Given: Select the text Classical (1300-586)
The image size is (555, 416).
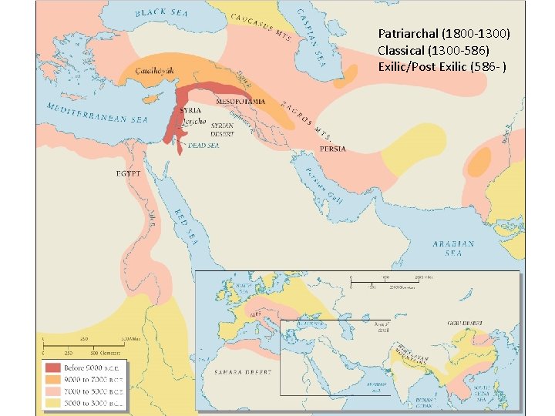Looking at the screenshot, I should pos(433,50).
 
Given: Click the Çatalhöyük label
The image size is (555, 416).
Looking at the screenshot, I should pos(156,70).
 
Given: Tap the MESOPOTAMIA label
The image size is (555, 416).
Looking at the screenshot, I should pos(241,101).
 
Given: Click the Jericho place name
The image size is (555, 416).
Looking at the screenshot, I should pos(193,122).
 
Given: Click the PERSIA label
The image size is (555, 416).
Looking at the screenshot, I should pos(333,148).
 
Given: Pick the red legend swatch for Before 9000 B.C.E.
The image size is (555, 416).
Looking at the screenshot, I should pos(52,367).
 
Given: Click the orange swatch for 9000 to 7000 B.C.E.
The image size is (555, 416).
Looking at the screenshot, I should pos(52,379).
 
